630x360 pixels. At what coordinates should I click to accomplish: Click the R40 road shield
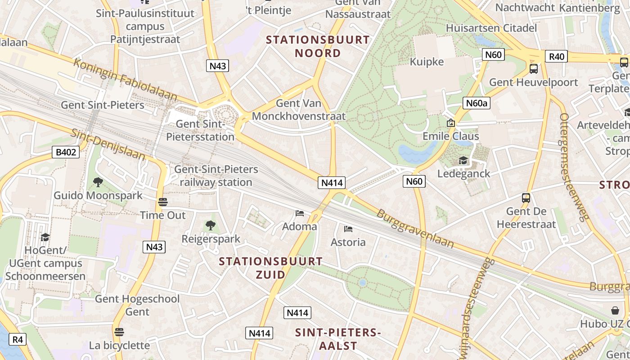556,56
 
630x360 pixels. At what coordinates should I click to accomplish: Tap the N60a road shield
476,103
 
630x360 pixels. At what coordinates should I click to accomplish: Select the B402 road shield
66,152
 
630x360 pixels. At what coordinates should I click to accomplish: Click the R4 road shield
17,339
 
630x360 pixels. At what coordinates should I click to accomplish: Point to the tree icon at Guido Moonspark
98,182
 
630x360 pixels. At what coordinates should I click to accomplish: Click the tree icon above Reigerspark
210,225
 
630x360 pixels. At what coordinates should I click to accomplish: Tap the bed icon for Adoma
300,213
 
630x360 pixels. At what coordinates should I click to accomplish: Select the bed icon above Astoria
348,229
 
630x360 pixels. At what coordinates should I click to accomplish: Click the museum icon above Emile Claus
450,123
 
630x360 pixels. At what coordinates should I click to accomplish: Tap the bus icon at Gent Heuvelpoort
534,69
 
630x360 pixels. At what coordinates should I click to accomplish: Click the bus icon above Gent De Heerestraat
526,198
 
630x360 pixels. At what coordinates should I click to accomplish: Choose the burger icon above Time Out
163,202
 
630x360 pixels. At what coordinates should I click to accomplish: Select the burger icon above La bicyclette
119,332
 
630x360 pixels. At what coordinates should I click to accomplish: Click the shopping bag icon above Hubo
615,310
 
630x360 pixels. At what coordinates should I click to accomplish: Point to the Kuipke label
427,62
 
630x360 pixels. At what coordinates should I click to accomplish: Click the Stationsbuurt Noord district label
318,46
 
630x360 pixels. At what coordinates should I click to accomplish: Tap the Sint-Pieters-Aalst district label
338,339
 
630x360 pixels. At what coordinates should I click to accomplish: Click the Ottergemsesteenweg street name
574,167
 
